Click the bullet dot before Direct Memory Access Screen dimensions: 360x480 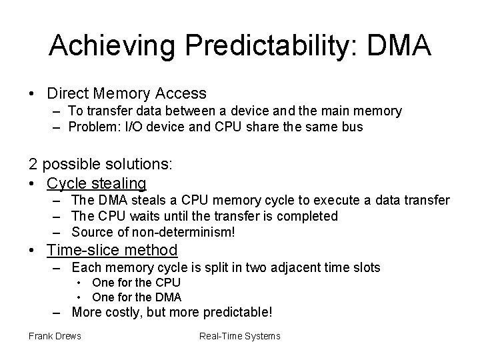point(32,94)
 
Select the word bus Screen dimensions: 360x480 point(353,127)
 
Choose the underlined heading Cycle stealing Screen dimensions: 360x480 point(97,182)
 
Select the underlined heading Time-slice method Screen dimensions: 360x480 point(112,250)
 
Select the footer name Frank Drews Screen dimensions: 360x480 point(55,335)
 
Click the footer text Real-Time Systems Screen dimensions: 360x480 point(240,335)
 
